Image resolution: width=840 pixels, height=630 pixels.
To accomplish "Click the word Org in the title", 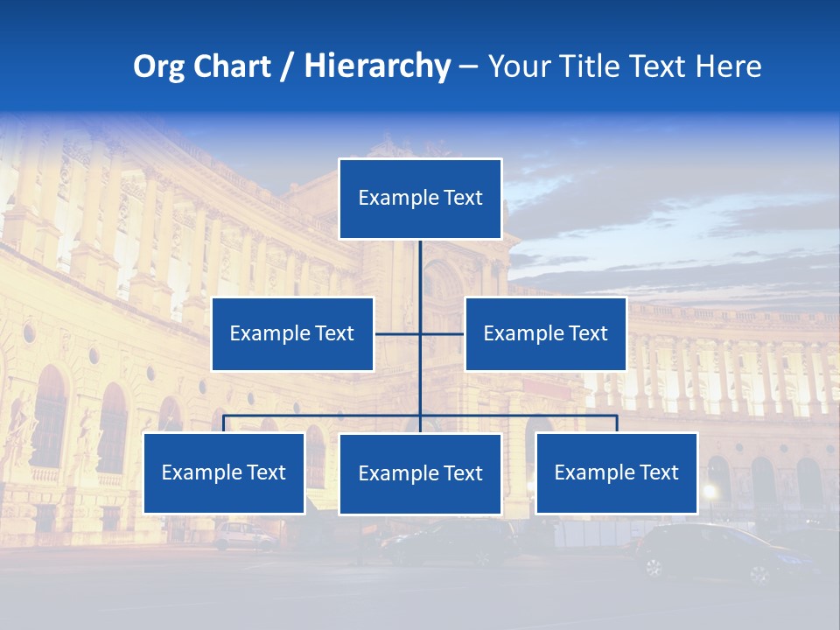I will point(158,66).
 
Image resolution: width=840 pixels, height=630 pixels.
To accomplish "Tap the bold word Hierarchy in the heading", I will point(377,66).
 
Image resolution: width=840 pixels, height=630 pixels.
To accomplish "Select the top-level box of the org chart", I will point(420,199).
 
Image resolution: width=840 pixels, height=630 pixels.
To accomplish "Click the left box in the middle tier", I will point(292,333).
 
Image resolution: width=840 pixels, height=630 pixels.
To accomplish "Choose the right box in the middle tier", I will point(545,333).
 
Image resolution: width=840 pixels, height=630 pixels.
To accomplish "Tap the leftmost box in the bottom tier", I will point(224,472).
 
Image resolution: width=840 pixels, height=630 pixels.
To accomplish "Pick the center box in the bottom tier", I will point(420,473).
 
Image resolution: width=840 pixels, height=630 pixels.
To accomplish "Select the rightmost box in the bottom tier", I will point(616,472).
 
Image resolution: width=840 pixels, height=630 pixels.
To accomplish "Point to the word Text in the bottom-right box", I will point(657,472).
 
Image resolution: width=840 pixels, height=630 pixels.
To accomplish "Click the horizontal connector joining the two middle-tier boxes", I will point(420,333).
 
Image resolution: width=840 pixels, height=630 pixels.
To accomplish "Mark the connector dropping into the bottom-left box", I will point(224,423).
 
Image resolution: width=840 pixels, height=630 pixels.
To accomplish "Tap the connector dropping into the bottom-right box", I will point(616,423).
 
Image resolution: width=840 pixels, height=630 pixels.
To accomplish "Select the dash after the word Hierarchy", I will point(469,67).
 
